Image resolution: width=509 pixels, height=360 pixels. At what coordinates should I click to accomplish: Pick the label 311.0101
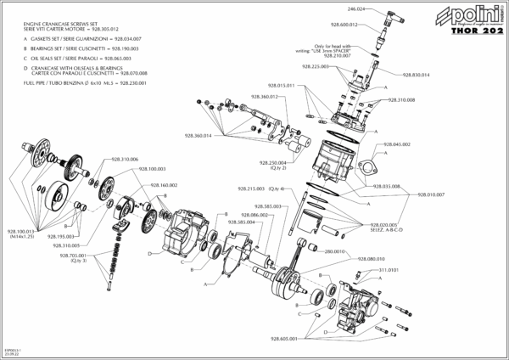click(375, 269)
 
